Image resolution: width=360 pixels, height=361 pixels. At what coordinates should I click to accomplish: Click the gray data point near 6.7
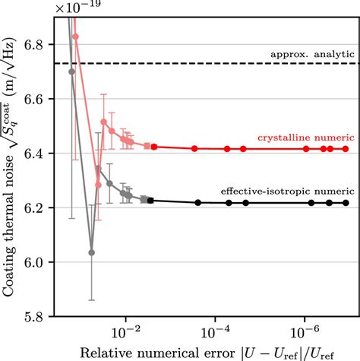point(72,72)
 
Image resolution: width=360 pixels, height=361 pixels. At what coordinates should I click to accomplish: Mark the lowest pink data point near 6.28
point(97,185)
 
